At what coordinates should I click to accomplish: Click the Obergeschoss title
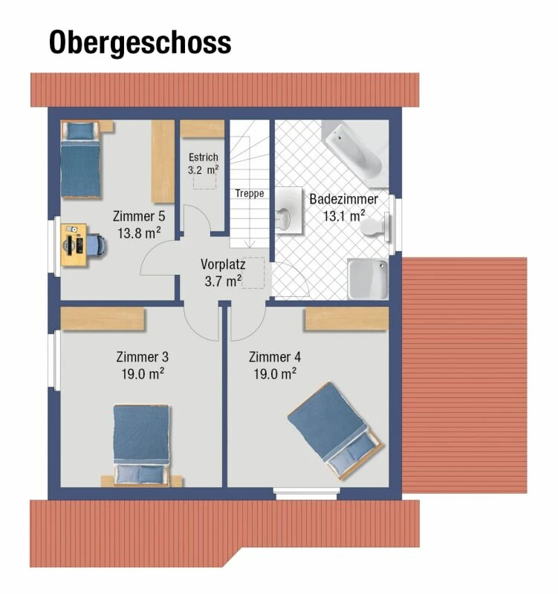click(140, 42)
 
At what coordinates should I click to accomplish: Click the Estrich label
click(203, 157)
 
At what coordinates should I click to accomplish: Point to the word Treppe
click(250, 194)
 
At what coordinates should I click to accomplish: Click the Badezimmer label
click(343, 200)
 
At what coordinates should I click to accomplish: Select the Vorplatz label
click(223, 264)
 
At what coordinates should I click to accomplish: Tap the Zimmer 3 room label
click(142, 356)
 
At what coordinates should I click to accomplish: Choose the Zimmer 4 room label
click(275, 356)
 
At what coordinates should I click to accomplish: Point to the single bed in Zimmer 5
click(80, 160)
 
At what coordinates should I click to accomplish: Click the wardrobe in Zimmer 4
click(346, 319)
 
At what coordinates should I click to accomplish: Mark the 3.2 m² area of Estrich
click(203, 169)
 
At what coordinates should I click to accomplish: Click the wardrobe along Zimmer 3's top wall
click(103, 319)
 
